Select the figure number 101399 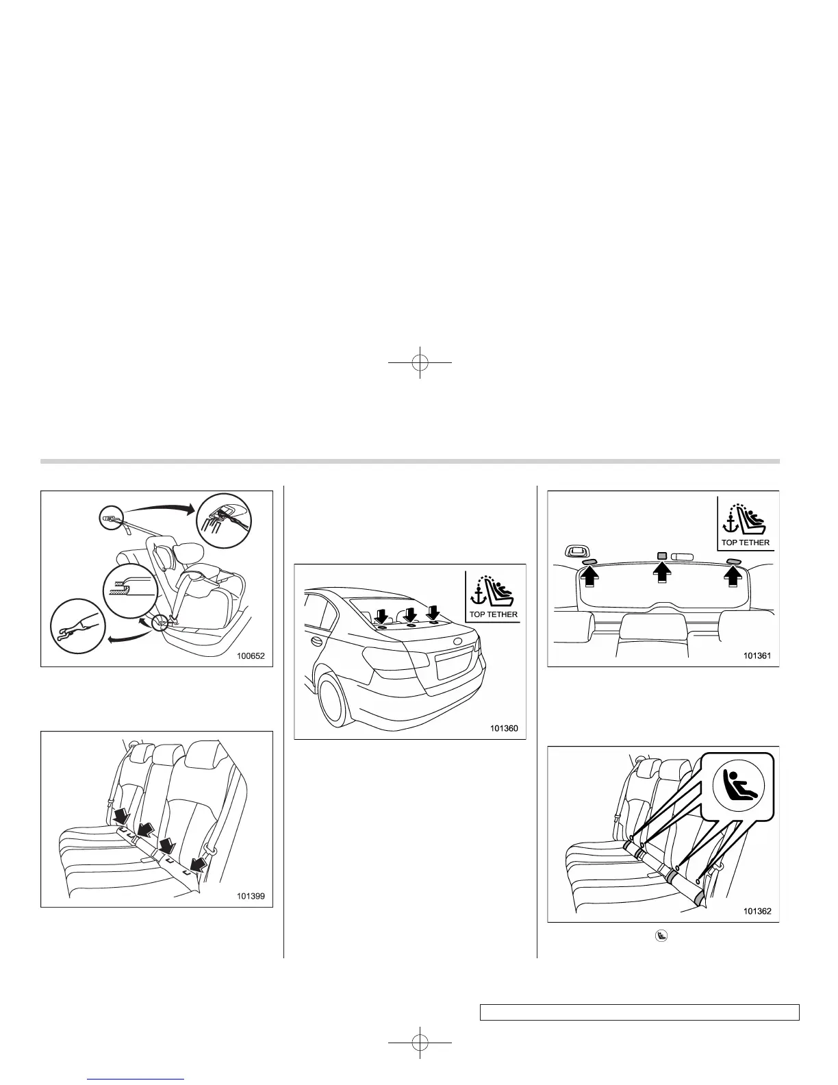coord(250,895)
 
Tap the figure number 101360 coord(504,728)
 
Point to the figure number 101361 coord(757,656)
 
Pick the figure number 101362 coord(757,911)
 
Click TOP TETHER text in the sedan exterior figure coord(493,614)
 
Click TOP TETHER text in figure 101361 coord(746,542)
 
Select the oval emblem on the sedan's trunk coord(457,643)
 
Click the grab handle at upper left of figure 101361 coord(577,550)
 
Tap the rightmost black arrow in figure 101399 coord(199,863)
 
